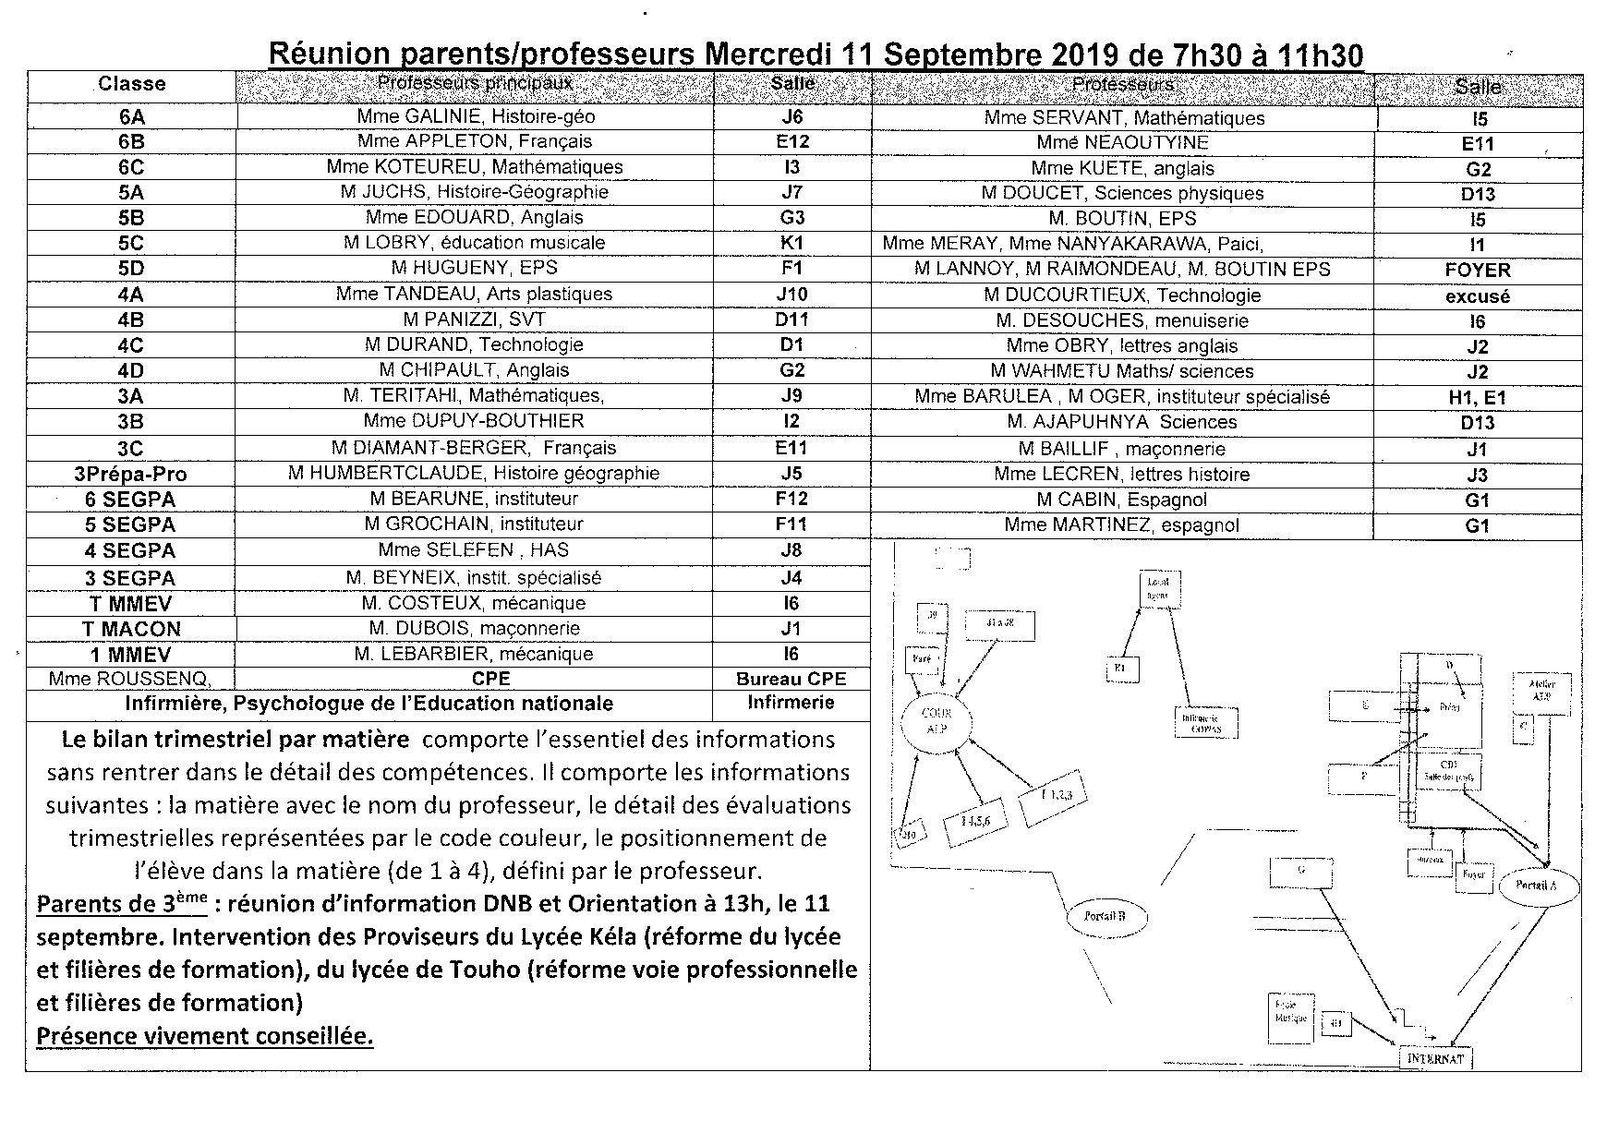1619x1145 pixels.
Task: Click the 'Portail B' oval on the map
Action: pos(1108,917)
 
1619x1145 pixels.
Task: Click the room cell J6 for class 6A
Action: pos(791,116)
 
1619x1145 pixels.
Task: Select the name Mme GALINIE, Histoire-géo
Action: pos(476,116)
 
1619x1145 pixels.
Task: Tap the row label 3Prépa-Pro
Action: pos(130,474)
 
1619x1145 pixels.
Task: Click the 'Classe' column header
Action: pos(132,84)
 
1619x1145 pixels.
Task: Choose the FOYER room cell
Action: pos(1478,270)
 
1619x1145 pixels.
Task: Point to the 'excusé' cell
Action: pos(1478,296)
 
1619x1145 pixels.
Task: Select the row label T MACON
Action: pos(131,629)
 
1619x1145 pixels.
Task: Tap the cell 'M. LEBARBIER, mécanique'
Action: pos(474,654)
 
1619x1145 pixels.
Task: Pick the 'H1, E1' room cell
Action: pos(1478,398)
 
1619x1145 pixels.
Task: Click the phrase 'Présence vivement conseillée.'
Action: pos(205,1036)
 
